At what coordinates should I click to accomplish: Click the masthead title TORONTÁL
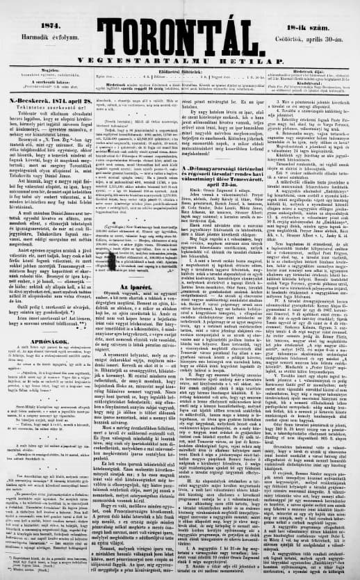(179, 28)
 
